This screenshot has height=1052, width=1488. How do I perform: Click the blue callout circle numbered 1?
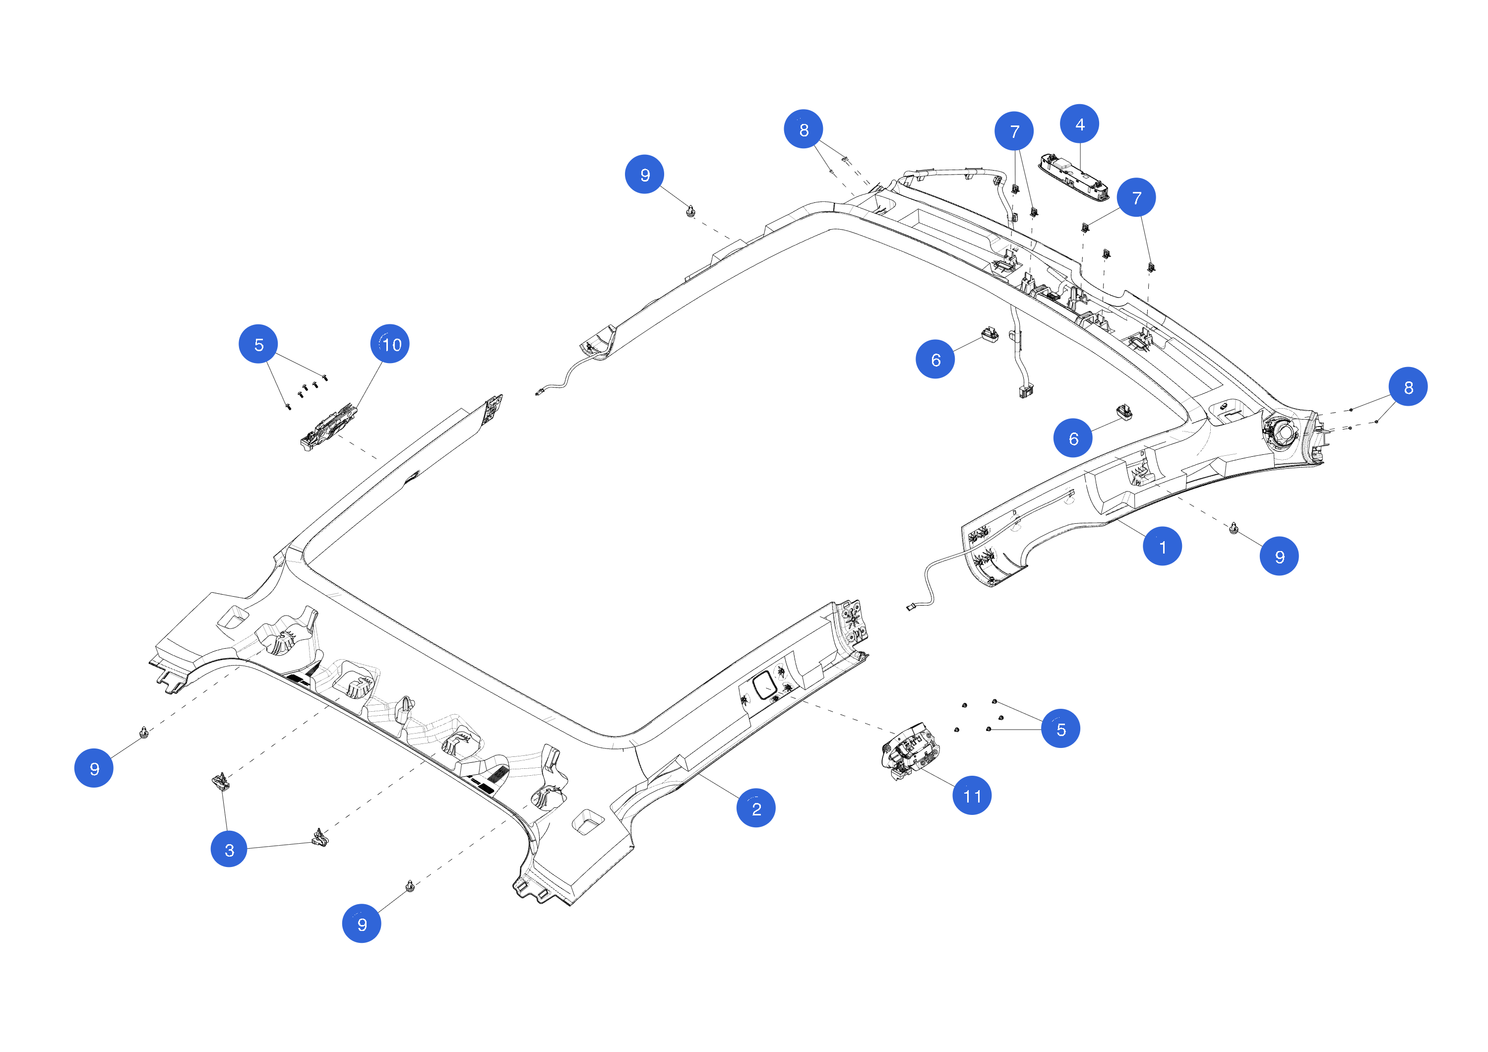pyautogui.click(x=1162, y=547)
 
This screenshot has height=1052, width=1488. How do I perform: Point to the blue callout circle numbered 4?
pyautogui.click(x=1079, y=124)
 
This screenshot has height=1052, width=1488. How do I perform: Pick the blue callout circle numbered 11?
pyautogui.click(x=972, y=795)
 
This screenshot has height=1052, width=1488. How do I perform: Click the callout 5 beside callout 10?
pyautogui.click(x=258, y=344)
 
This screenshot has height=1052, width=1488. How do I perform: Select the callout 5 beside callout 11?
pyautogui.click(x=1060, y=729)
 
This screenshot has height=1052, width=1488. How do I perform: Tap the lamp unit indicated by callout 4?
pyautogui.click(x=1073, y=176)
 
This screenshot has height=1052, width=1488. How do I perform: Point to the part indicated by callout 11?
pyautogui.click(x=909, y=752)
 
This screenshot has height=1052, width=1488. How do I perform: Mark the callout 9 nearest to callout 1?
pyautogui.click(x=1279, y=556)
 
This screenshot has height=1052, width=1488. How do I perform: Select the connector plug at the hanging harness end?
pyautogui.click(x=1026, y=391)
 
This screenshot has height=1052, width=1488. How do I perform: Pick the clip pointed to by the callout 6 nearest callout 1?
pyautogui.click(x=1124, y=412)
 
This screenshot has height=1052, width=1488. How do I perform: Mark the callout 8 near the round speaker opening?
pyautogui.click(x=1408, y=387)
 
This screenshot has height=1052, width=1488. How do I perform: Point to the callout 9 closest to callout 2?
pyautogui.click(x=362, y=923)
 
